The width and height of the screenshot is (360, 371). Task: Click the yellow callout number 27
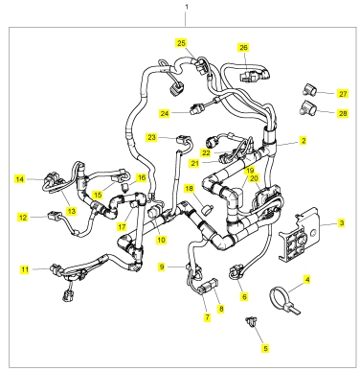pos(343,94)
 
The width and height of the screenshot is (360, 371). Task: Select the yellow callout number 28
pos(343,113)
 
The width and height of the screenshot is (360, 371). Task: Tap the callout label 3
pos(342,222)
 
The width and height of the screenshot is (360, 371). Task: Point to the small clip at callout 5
pos(251,321)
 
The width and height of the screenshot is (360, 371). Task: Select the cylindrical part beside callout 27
pos(309,89)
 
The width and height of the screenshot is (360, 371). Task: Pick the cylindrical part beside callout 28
pos(307,108)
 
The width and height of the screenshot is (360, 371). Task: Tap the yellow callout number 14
pos(20,179)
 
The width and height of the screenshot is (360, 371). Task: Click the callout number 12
pos(23,218)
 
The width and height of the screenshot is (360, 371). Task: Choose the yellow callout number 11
pos(25,269)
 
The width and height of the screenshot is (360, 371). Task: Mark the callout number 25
pos(181,43)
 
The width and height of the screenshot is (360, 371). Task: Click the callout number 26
pos(243,48)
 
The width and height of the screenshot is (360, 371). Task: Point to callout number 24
pos(165,113)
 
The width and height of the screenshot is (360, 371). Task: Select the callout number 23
pos(151,137)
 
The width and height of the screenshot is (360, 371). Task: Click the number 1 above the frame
pos(187,7)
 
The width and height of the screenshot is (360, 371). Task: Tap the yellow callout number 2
pos(304,140)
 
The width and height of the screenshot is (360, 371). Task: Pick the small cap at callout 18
pos(208,210)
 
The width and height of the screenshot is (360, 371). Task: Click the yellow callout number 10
pos(161,240)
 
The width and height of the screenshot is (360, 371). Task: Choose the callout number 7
pos(208,317)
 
